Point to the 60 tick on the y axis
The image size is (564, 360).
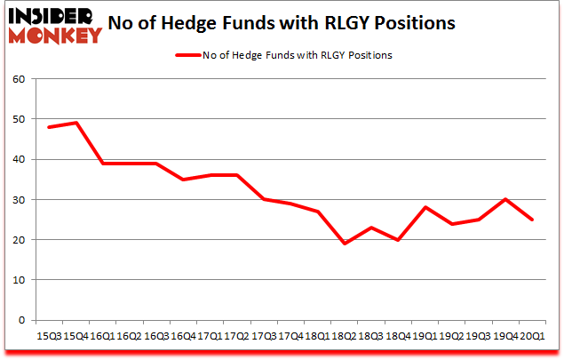click(x=20, y=79)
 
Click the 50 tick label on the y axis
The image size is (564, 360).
click(x=20, y=119)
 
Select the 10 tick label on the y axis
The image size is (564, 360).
click(x=20, y=280)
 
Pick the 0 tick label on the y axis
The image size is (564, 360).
click(x=22, y=320)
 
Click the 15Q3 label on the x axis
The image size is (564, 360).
click(x=48, y=336)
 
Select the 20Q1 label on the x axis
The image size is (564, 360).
click(x=532, y=336)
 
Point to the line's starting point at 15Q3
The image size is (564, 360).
click(x=48, y=127)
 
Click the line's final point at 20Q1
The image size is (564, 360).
click(x=532, y=220)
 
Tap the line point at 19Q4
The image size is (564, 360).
click(x=505, y=199)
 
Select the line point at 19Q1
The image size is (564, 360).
click(x=425, y=207)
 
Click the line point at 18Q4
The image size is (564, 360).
click(x=398, y=239)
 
